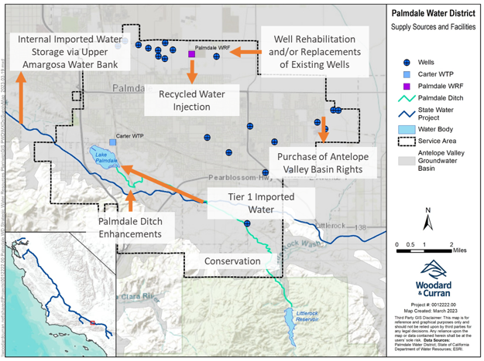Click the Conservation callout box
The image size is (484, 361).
point(232,261)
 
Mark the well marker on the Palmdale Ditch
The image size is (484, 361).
point(247,223)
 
